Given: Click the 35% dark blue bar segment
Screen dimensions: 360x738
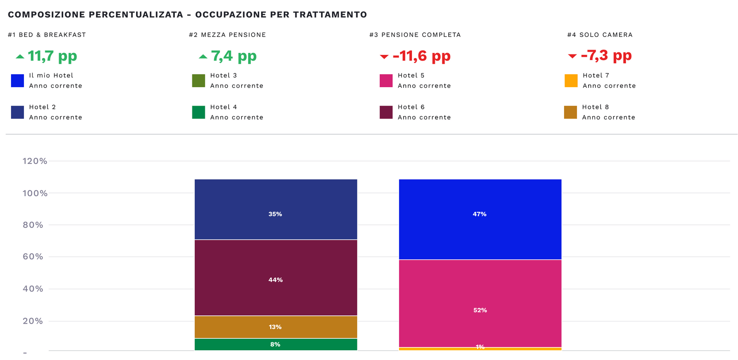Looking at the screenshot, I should tap(275, 209).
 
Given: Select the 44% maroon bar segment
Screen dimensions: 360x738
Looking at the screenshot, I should tap(275, 277).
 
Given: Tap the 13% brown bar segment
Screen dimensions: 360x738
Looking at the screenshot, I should tap(275, 327).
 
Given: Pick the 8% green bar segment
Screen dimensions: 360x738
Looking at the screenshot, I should tap(275, 344).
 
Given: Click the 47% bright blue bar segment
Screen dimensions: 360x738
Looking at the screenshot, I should tap(480, 219).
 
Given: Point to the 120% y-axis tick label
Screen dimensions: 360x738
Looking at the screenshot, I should tap(35, 161).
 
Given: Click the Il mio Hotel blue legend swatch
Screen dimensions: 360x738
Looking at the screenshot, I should tap(18, 81).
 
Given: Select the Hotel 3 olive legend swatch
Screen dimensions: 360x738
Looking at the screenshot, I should tap(198, 81).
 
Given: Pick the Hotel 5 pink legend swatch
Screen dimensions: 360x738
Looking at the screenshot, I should tap(386, 81).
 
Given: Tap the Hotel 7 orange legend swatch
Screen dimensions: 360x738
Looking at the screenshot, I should tap(571, 81).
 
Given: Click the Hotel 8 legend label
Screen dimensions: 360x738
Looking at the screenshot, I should tap(595, 107).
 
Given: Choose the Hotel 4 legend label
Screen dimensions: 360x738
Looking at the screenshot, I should tap(224, 107).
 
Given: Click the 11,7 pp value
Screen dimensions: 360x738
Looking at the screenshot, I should tap(52, 56).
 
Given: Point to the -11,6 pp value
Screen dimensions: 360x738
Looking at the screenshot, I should tap(421, 56).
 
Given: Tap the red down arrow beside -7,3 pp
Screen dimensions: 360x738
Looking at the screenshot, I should tap(572, 56).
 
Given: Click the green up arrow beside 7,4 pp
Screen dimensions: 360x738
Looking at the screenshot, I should tap(203, 56).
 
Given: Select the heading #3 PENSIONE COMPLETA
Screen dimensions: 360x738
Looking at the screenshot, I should tap(415, 35).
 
